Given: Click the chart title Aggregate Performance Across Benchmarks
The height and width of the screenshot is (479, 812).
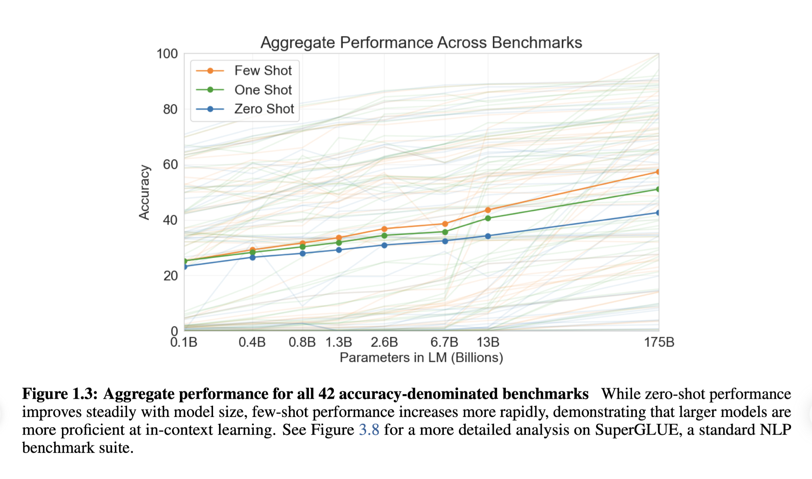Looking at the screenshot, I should coord(421,43).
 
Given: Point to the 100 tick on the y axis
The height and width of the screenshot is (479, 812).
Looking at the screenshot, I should coord(167,54).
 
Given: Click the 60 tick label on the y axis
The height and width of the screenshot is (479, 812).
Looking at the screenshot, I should coord(170,165).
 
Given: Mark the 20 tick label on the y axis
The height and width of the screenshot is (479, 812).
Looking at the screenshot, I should coord(170,276).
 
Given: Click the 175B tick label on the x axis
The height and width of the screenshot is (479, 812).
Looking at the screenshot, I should coord(659,342).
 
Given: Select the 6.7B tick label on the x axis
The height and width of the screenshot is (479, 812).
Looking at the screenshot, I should coord(444,342).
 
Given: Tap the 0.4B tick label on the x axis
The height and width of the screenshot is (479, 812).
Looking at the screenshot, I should coord(252,342).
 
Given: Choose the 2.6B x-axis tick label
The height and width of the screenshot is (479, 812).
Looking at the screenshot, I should coord(384,342).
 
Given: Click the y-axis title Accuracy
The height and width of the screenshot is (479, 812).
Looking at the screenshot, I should coord(144,192).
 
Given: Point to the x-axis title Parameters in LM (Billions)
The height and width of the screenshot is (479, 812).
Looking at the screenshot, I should coord(421,357).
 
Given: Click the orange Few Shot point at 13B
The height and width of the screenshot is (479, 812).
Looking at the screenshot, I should coord(488,210).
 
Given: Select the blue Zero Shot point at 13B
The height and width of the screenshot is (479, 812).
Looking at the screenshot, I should coord(488,236).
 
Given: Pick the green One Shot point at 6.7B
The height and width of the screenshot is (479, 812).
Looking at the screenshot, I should coord(445,232).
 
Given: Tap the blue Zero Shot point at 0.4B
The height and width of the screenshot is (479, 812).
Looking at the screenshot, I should coord(253,257).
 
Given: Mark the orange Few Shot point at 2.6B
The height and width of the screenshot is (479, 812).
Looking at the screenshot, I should coord(384,229).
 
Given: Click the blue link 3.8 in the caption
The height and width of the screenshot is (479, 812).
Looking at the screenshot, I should coord(369,430).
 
